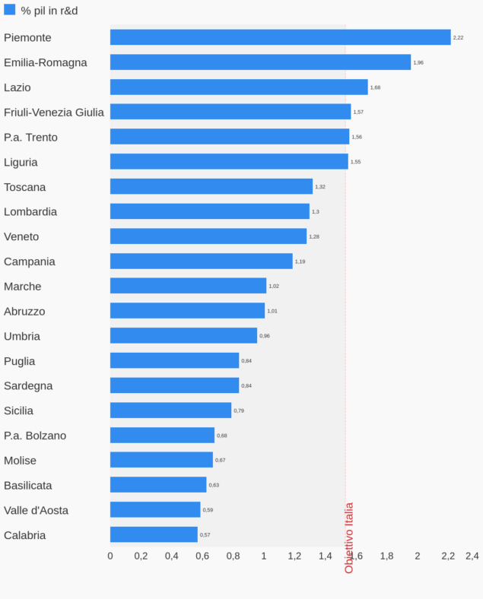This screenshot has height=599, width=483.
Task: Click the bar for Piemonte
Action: (280, 37)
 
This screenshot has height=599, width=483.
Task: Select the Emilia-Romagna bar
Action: (260, 62)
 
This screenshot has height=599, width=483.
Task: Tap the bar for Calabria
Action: (154, 534)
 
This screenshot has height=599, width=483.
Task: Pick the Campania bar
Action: (201, 261)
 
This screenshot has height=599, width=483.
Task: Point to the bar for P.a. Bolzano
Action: (162, 436)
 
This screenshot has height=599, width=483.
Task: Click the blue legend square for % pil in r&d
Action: (10, 10)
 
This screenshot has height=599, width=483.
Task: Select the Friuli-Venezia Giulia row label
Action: (54, 113)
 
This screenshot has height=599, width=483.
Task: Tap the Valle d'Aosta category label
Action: (36, 510)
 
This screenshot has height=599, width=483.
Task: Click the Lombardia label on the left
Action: (30, 212)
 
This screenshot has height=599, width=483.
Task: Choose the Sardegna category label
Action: (28, 386)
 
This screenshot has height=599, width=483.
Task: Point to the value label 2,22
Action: (458, 37)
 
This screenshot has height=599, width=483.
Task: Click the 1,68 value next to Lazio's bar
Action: (375, 87)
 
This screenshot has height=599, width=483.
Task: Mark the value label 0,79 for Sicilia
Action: (239, 410)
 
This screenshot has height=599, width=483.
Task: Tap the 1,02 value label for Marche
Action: (274, 287)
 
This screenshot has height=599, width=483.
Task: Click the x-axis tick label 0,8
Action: (233, 556)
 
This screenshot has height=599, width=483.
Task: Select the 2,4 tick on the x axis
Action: (472, 556)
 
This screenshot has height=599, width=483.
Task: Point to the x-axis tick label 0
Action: (110, 556)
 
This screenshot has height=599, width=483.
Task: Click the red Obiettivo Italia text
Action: (349, 537)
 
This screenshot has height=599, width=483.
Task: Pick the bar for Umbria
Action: (183, 336)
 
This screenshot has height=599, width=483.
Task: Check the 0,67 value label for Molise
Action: (221, 461)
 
